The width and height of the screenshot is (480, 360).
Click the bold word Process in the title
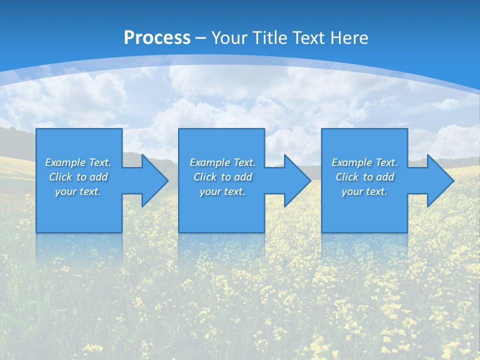click(157, 38)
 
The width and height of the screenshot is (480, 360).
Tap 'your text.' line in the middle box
click(222, 191)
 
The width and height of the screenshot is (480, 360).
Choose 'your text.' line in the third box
click(364, 191)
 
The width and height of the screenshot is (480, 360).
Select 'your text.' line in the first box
click(78, 191)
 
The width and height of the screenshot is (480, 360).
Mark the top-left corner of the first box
click(37, 129)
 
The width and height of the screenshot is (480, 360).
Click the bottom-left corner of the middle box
click(179, 231)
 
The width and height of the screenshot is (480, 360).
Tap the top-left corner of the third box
click(322, 129)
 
